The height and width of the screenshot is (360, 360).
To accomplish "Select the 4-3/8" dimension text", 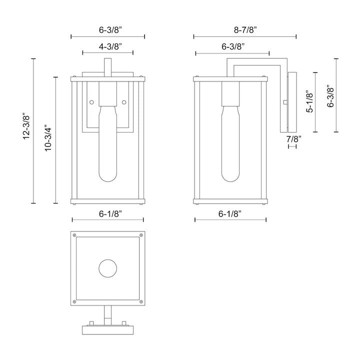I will pos(107,46).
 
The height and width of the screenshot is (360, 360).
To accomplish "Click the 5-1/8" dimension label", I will pos(310,102).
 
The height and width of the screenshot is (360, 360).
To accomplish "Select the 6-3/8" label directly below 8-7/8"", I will pos(232,46).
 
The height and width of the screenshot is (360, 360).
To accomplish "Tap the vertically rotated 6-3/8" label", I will pos(330,95).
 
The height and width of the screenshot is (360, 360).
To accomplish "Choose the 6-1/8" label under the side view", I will pos(230,213).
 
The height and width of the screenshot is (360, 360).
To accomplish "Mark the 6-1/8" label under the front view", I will pos(107,213).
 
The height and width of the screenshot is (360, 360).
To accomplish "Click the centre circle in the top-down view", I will pos(107,268).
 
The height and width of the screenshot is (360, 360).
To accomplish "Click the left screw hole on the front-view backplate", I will pos(91,102).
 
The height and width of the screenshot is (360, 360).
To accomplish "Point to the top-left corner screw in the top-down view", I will pos(74,235).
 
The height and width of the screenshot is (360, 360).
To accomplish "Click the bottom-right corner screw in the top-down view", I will pos(141,301).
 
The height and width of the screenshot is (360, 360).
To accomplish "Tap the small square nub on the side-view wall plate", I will pos(284,102).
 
